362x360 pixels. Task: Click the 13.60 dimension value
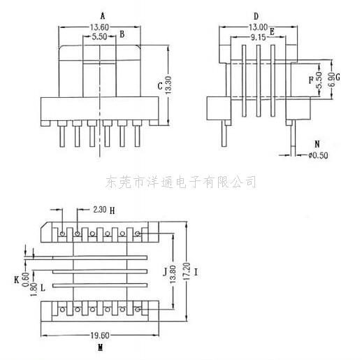coord(99,27)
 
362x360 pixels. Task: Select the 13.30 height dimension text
coord(168,85)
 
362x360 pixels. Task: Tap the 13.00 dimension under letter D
coord(258,27)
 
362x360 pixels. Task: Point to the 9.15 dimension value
coord(258,37)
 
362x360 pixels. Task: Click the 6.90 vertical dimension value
coord(331,80)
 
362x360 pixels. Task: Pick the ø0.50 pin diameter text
coord(319,155)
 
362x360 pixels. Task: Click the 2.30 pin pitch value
coord(100,210)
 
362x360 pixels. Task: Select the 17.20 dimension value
coord(187,272)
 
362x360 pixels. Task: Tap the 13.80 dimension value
coord(173,275)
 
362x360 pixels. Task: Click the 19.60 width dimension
coord(100,336)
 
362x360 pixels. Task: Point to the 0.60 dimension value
coord(26,280)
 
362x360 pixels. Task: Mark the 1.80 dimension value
coord(34,289)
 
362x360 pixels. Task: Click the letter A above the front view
coord(103,16)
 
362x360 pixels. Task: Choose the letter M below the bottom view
coord(101,348)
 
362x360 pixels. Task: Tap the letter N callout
coord(317,144)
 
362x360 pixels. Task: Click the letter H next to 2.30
coord(112,211)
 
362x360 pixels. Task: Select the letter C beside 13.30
coord(160,86)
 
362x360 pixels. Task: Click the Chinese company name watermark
coord(181,182)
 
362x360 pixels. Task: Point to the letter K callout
coord(17,280)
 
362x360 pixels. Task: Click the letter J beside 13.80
coord(165,272)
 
